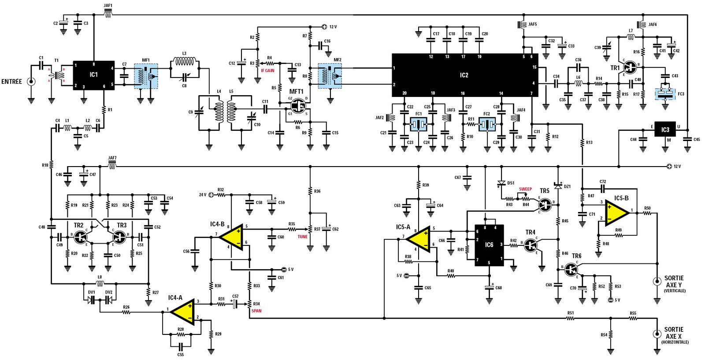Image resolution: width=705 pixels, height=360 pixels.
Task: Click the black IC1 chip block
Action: click(x=93, y=75)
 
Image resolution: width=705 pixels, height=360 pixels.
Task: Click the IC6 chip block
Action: click(x=489, y=245)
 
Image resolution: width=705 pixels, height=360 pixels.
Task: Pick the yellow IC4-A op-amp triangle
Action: click(x=182, y=310)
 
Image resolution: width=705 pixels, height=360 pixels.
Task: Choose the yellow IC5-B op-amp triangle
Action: click(x=617, y=213)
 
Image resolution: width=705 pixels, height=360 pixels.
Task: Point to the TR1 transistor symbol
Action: click(x=631, y=67)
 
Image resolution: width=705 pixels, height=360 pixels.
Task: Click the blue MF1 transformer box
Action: click(x=146, y=76)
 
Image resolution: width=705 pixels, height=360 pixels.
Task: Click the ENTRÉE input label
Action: click(x=11, y=82)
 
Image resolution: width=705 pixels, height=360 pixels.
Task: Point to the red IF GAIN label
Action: click(x=267, y=71)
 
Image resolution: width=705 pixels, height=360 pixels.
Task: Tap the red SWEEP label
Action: click(x=525, y=189)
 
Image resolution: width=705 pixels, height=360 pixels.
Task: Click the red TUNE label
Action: click(x=302, y=237)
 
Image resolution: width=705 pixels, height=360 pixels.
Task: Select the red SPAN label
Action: click(x=256, y=311)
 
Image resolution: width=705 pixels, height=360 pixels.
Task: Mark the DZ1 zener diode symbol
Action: click(x=558, y=186)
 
